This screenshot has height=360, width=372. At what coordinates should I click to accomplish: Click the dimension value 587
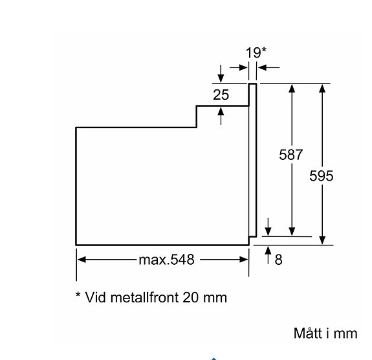click(x=291, y=155)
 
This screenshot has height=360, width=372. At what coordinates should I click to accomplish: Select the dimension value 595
click(x=322, y=176)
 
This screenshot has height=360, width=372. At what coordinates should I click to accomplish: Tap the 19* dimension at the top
click(x=256, y=52)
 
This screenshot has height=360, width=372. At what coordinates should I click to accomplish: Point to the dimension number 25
click(x=221, y=95)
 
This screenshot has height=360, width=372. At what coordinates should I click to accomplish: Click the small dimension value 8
click(x=279, y=260)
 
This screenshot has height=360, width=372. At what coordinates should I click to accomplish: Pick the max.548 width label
click(x=166, y=260)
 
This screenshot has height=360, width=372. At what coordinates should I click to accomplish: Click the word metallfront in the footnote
click(x=145, y=297)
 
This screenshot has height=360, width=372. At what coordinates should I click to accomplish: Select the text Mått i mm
click(x=325, y=333)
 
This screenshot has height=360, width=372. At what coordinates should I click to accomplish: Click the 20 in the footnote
click(x=190, y=297)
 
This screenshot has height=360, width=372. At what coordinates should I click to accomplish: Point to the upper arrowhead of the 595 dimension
click(x=322, y=89)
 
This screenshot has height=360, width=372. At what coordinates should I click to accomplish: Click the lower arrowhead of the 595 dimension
click(x=322, y=240)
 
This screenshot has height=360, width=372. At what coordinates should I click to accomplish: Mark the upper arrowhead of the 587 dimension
click(x=292, y=89)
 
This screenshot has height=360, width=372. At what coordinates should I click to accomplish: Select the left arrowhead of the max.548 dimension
click(x=82, y=260)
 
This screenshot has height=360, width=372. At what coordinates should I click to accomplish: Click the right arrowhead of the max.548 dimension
click(x=244, y=260)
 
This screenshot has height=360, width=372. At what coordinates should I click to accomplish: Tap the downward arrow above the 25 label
click(x=221, y=74)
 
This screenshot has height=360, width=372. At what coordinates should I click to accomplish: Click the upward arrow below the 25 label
click(x=221, y=116)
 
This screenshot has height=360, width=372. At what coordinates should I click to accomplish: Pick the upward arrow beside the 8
click(x=268, y=255)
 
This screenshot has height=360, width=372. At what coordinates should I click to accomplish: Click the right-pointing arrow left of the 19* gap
click(x=239, y=68)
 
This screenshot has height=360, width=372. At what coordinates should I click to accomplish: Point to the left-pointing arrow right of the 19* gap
click(x=268, y=68)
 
